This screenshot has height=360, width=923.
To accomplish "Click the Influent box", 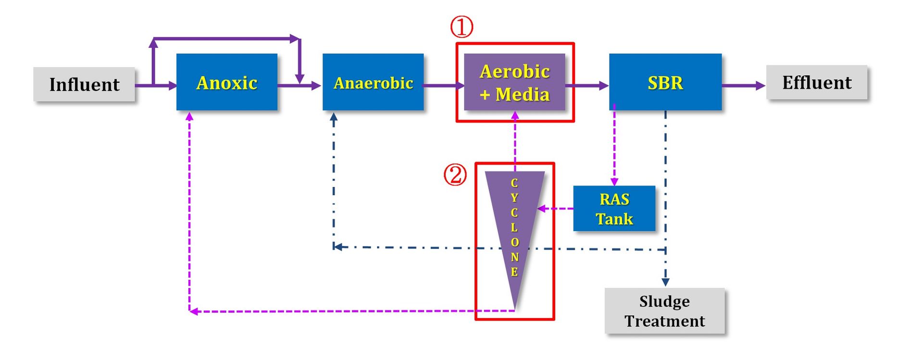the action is [x=84, y=84].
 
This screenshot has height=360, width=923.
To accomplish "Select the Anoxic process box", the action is [x=227, y=82].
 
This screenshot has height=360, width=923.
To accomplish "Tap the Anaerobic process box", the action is [x=373, y=82].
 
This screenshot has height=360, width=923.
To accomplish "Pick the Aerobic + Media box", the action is [x=515, y=82].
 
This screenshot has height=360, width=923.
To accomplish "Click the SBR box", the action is [x=665, y=82].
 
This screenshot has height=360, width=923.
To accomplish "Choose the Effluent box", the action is [x=817, y=82].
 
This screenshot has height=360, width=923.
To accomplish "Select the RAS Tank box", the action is [x=614, y=209].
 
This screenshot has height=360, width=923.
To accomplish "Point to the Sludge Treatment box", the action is [x=664, y=310].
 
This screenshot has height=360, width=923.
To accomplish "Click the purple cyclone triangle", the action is [x=515, y=226].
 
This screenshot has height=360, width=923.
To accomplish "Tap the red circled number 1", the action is [x=461, y=27].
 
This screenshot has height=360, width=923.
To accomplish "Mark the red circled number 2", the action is [x=455, y=174].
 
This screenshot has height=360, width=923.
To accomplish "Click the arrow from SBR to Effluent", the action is [x=744, y=86].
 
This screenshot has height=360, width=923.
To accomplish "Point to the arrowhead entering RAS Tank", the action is [x=614, y=182].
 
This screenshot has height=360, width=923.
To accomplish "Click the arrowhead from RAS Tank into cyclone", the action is [x=541, y=209].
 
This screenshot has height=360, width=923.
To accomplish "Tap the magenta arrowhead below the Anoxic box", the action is [x=189, y=116].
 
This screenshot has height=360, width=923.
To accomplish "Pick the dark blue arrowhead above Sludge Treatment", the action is [x=666, y=282].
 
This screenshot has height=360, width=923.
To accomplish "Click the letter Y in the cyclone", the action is [x=514, y=198].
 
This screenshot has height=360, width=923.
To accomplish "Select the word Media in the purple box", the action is [x=523, y=94].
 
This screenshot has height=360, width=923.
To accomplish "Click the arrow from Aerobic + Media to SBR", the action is [x=587, y=86].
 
